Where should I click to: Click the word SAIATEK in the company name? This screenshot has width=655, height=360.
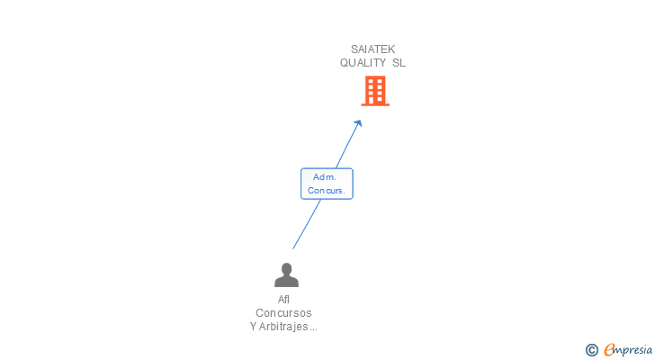tap(372, 49)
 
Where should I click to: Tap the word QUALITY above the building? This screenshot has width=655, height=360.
tap(362, 63)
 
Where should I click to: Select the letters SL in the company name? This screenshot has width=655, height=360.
tap(399, 63)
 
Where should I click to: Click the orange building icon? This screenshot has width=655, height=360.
tap(375, 91)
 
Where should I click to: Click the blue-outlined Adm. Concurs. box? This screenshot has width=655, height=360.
tap(327, 184)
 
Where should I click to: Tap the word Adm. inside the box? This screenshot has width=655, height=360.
tap(325, 177)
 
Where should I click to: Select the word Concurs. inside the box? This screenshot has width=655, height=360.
tap(327, 190)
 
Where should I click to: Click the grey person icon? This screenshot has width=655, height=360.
tap(286, 274)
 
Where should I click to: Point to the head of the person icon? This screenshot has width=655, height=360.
tap(286, 268)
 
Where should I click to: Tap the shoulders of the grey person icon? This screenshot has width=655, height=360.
tap(286, 281)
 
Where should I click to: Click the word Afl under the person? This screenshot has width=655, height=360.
tap(284, 300)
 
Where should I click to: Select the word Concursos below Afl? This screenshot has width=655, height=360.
tap(283, 313)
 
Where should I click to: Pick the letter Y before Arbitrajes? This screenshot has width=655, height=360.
tap(254, 327)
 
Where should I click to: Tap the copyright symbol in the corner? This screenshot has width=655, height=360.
tap(592, 350)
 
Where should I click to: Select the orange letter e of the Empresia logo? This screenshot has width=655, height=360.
tap(610, 350)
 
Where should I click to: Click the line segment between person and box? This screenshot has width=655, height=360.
tap(306, 224)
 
